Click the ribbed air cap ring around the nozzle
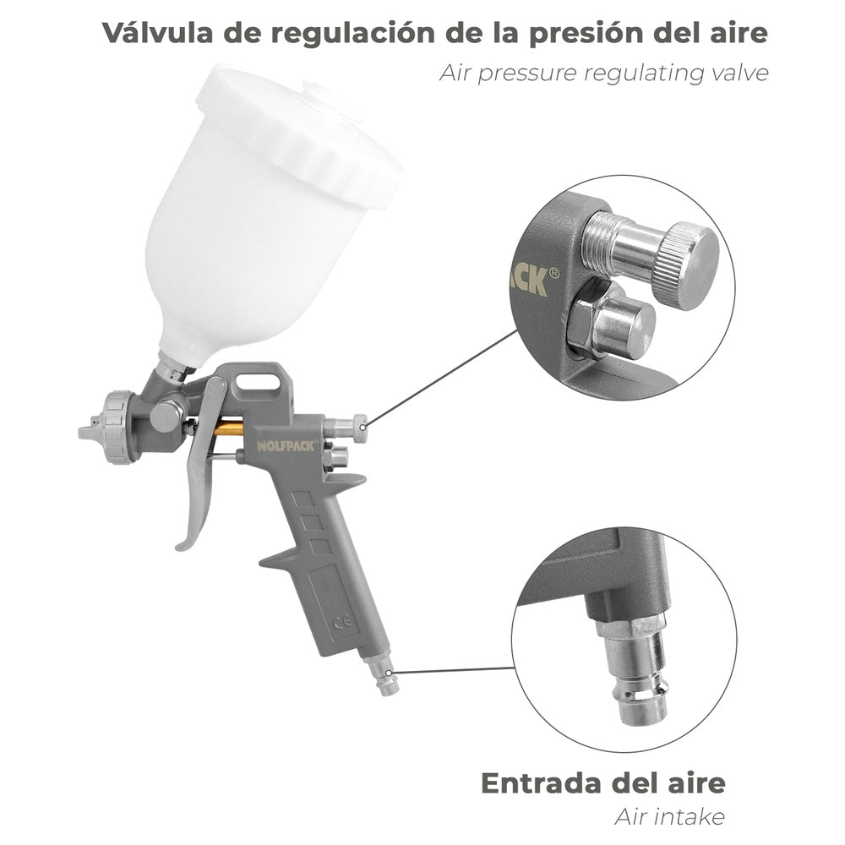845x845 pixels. (x=115, y=427)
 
